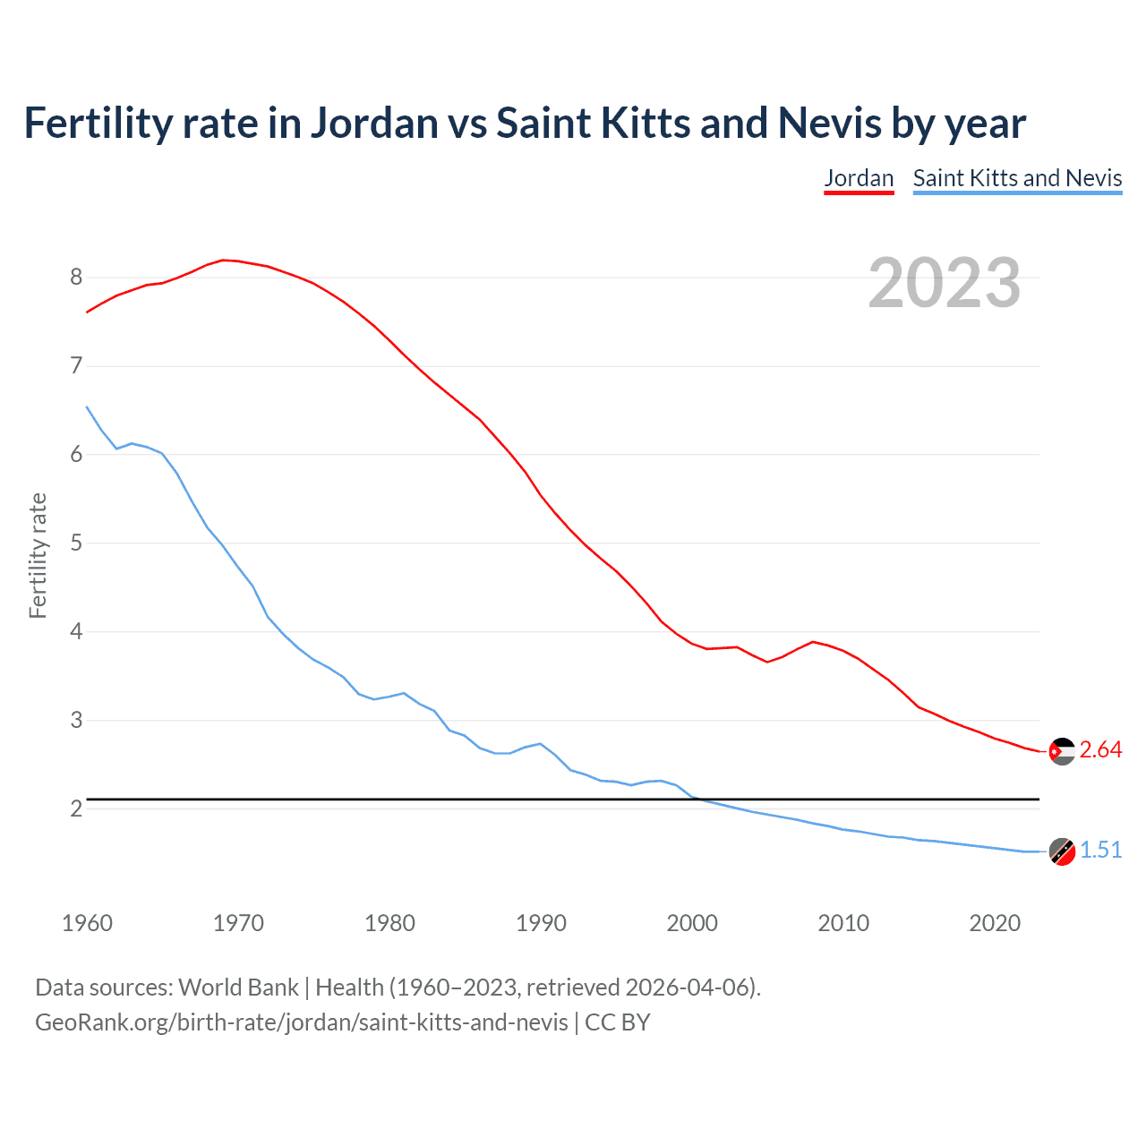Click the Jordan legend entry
pos(859,178)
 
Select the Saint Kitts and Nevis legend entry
pos(1017,178)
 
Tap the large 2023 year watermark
pos(945,283)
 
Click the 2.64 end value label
pos(1100,750)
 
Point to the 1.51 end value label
pos(1100,851)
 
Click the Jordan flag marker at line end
pos(1062,751)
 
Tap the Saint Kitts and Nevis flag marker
pos(1062,851)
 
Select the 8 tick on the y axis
pos(76,278)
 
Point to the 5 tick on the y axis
pos(76,543)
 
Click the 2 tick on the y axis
pos(76,809)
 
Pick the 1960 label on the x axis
pos(87,923)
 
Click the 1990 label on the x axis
pos(541,923)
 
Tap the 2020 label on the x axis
pos(995,923)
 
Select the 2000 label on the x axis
pos(692,923)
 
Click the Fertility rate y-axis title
pos(38,555)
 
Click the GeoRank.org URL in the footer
pos(301,1022)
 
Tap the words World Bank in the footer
pos(238,988)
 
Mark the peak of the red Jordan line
pos(223,260)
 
